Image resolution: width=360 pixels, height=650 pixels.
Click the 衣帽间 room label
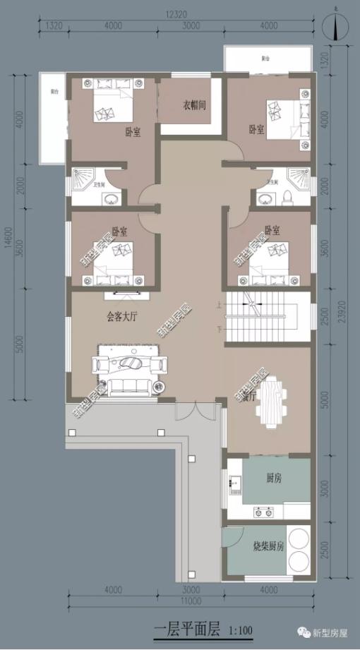[194, 106]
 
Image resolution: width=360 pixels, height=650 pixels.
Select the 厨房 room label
[275, 479]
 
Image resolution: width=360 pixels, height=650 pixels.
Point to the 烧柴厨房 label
[268, 547]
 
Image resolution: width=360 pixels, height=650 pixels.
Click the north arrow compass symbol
[337, 27]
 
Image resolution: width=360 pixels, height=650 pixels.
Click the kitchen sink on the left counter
[235, 484]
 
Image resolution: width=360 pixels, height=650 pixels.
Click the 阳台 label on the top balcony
[265, 59]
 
